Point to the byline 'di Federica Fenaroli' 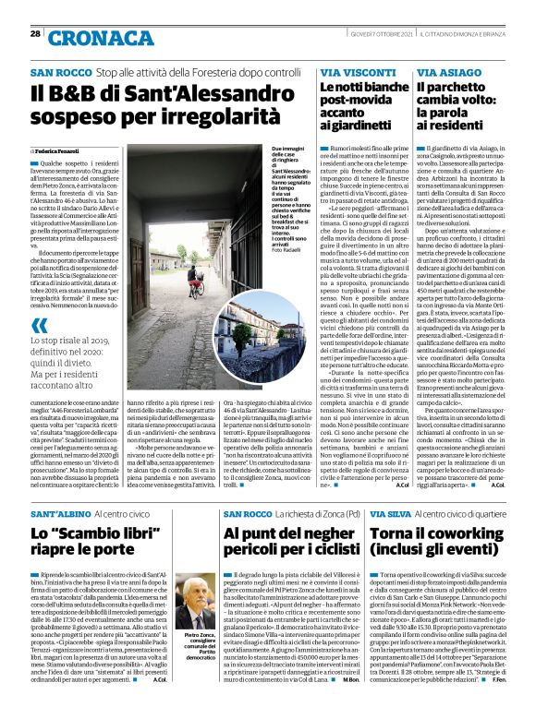(x=57, y=150)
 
